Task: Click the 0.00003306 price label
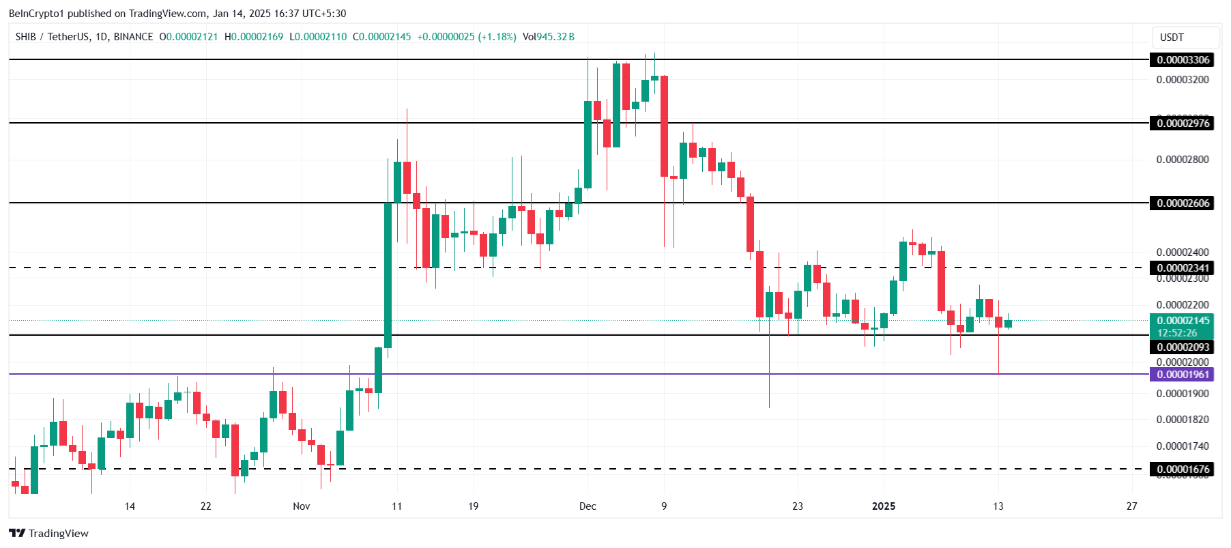tap(1183, 60)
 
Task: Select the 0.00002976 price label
tap(1183, 124)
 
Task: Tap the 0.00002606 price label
tap(1183, 203)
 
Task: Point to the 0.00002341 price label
tap(1183, 268)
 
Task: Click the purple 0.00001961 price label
tap(1183, 375)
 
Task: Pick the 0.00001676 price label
tap(1183, 470)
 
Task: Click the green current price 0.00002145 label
tap(1183, 321)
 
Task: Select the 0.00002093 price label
tap(1183, 347)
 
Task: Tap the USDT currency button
tap(1172, 38)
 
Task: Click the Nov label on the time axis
tap(301, 506)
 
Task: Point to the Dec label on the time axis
tap(588, 506)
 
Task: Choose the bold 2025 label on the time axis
tap(884, 506)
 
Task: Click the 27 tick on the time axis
tap(1132, 506)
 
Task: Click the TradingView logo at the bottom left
tap(49, 534)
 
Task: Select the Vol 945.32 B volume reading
tap(549, 37)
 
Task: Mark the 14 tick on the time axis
tap(130, 506)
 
